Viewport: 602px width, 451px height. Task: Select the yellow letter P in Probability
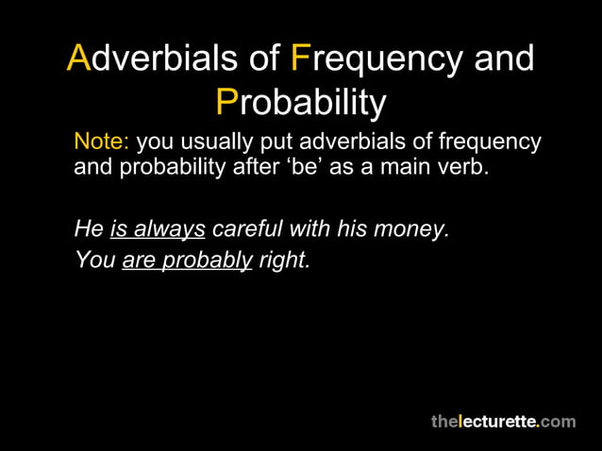[x=226, y=102]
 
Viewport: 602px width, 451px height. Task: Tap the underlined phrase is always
[x=158, y=229]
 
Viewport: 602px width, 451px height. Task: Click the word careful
[x=249, y=229]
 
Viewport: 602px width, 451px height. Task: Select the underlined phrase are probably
[x=187, y=259]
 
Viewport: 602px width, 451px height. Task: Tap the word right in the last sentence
[x=283, y=259]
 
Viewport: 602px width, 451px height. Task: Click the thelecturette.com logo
[x=503, y=422]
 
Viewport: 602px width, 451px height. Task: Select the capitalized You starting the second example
[x=94, y=259]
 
